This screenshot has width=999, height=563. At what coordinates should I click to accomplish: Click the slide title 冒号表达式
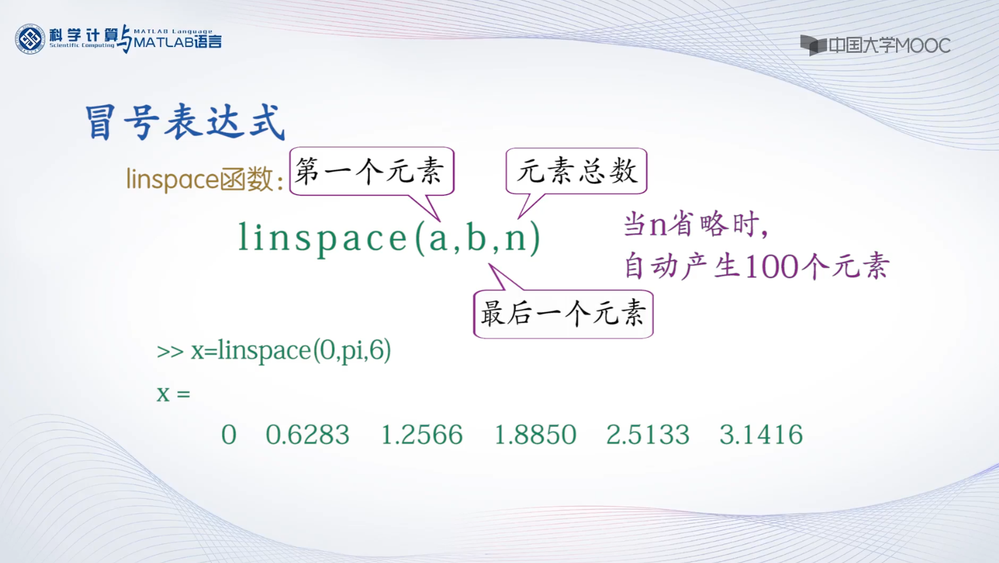[x=184, y=122]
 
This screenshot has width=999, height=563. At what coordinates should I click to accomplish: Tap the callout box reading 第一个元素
[x=371, y=171]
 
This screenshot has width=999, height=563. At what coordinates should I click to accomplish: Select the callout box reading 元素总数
[x=576, y=171]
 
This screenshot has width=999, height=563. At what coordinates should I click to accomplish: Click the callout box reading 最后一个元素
[x=564, y=314]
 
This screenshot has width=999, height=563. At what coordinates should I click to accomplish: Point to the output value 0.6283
[x=307, y=434]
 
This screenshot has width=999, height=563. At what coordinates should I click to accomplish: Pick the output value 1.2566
[x=422, y=434]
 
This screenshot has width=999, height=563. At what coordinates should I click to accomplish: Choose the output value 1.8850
[x=536, y=434]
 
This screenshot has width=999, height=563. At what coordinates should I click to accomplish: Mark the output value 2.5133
[x=648, y=434]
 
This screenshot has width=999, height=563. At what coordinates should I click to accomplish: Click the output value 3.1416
[x=761, y=434]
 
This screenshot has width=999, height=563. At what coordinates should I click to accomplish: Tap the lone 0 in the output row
[x=229, y=434]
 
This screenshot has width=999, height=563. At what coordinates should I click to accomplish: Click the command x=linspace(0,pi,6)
[x=291, y=350]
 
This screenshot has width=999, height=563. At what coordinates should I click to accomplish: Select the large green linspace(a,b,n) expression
[x=390, y=239]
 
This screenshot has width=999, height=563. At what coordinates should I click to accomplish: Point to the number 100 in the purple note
[x=772, y=267]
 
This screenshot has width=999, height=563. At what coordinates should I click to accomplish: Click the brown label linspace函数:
[x=205, y=180]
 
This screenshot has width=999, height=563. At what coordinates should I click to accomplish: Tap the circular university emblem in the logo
[x=30, y=40]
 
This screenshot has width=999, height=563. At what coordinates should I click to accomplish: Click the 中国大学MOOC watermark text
[x=889, y=45]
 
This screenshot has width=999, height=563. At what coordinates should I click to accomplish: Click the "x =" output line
[x=173, y=394]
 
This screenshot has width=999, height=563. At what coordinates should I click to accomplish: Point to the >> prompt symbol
[x=170, y=351]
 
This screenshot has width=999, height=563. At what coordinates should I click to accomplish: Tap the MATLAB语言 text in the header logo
[x=178, y=43]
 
